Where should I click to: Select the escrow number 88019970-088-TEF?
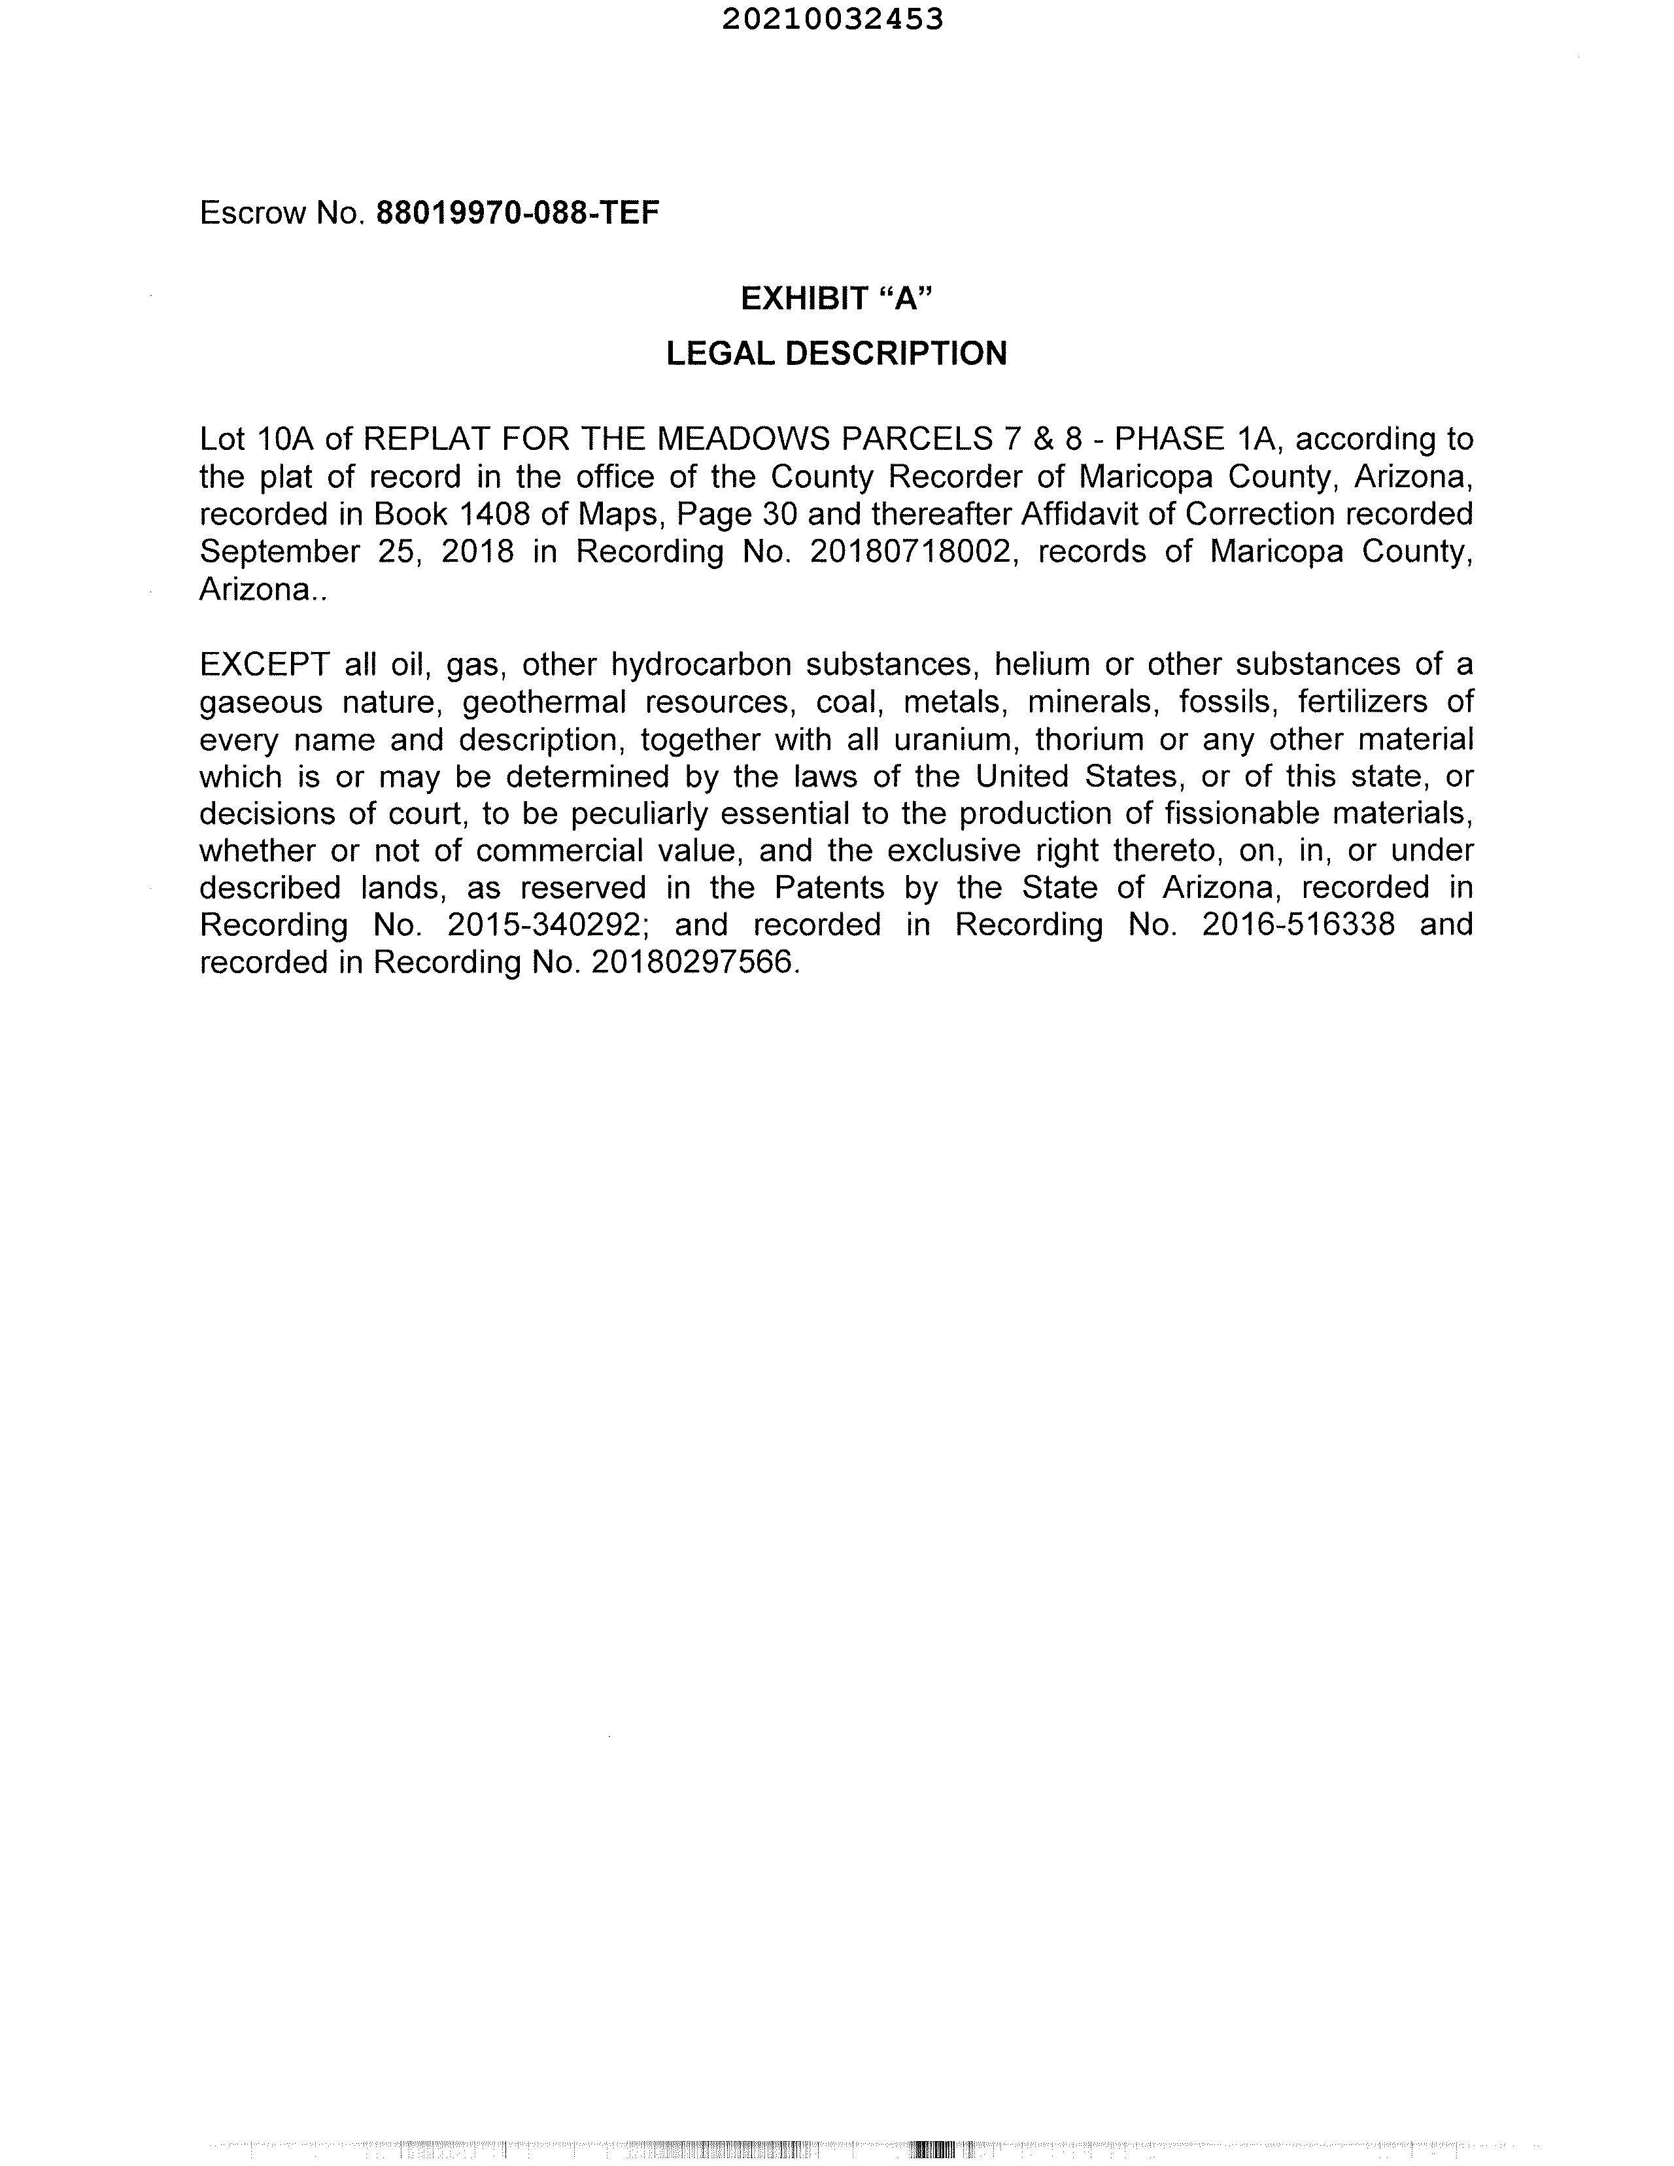click(518, 213)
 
